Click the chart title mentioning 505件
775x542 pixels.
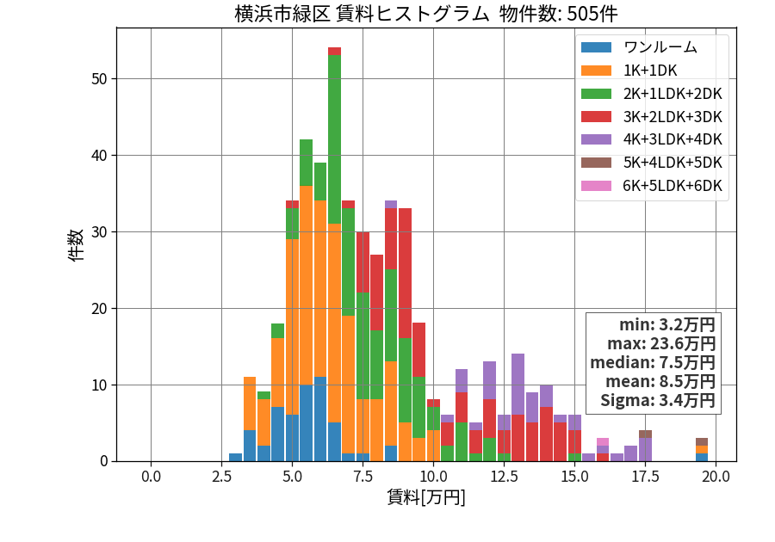click(x=425, y=14)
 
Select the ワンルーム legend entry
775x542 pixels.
click(x=639, y=47)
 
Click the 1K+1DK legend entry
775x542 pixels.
click(x=629, y=71)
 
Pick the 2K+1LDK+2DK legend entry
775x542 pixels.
click(x=652, y=94)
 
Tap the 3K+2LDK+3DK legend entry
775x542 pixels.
click(x=652, y=117)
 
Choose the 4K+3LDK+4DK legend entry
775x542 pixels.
click(x=652, y=139)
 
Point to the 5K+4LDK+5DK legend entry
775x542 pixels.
click(x=652, y=163)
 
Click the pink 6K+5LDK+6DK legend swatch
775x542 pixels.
click(x=596, y=186)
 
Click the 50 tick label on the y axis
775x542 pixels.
click(x=99, y=79)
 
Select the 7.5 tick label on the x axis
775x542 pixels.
click(x=363, y=477)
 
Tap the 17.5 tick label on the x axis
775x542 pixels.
click(x=646, y=477)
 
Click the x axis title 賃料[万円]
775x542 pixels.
click(x=426, y=497)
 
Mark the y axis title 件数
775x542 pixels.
click(x=76, y=245)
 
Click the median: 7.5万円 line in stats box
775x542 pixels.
click(x=653, y=363)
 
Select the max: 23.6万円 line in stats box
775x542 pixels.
click(x=661, y=344)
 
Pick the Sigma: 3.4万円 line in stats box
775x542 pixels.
click(x=658, y=400)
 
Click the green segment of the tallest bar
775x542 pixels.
click(x=335, y=139)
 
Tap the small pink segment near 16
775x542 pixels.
click(x=603, y=442)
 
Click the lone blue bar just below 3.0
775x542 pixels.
click(x=236, y=457)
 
